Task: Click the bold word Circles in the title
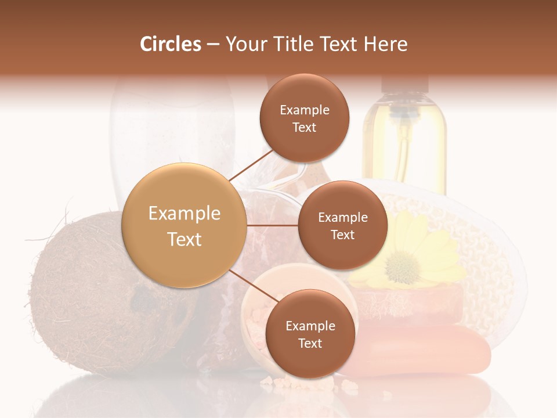pos(171,44)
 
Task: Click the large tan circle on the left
pos(185,225)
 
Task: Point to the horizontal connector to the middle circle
pos(273,225)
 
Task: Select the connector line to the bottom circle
pos(252,286)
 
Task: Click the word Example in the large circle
pos(185,214)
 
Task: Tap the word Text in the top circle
pos(305,128)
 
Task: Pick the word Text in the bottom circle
pos(310,344)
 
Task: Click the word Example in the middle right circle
pos(342,218)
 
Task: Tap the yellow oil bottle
pos(404,139)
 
